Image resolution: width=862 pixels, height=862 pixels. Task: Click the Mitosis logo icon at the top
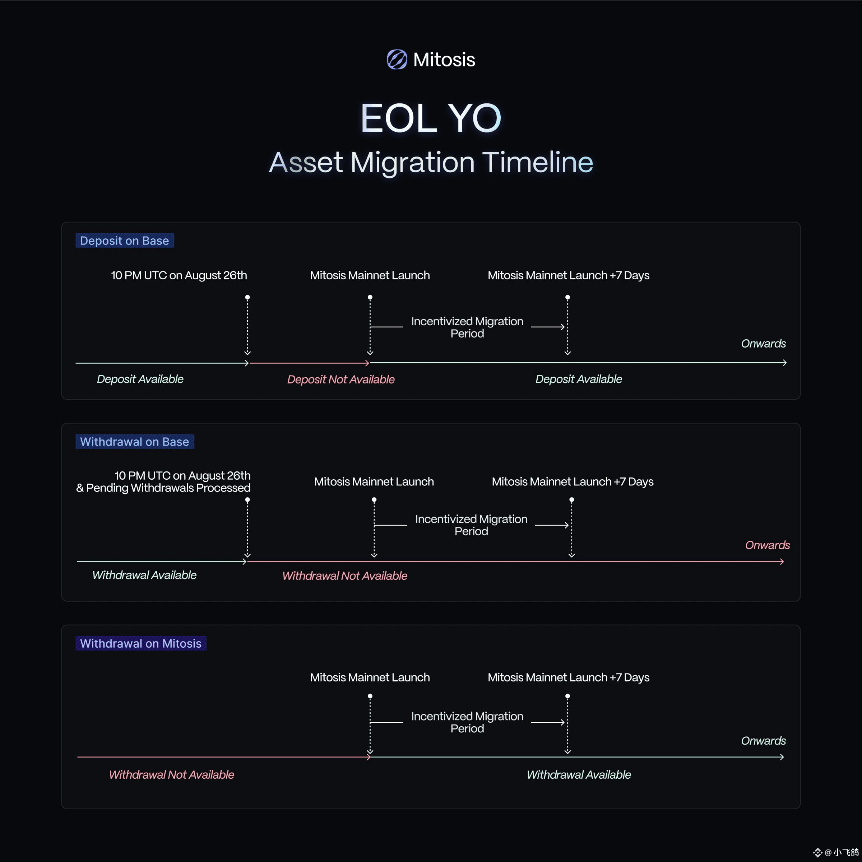[397, 59]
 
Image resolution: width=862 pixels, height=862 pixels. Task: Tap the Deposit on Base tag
[125, 241]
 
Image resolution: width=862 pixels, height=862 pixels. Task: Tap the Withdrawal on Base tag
[134, 442]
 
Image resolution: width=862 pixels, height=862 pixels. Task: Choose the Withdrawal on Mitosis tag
[141, 643]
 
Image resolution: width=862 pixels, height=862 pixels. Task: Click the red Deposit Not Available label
[340, 379]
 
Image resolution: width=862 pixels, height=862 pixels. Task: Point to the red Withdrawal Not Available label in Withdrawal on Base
[345, 576]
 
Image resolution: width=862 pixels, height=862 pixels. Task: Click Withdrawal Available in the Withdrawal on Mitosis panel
[579, 774]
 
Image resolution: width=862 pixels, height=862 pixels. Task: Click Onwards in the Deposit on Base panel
[763, 344]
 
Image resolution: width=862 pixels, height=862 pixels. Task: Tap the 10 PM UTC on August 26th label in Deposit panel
[179, 275]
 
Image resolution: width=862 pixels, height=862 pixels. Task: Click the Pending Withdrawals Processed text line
[163, 488]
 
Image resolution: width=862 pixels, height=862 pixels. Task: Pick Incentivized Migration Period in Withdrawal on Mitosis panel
[467, 722]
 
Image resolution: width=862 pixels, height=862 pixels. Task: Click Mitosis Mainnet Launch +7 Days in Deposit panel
[568, 275]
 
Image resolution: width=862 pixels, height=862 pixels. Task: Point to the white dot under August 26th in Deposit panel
[247, 297]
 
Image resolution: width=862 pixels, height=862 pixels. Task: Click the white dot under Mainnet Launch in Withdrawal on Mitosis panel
[370, 696]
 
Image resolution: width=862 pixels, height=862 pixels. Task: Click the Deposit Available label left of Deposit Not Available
[140, 379]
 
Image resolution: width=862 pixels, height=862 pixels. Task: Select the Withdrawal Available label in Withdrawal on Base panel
[144, 575]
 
